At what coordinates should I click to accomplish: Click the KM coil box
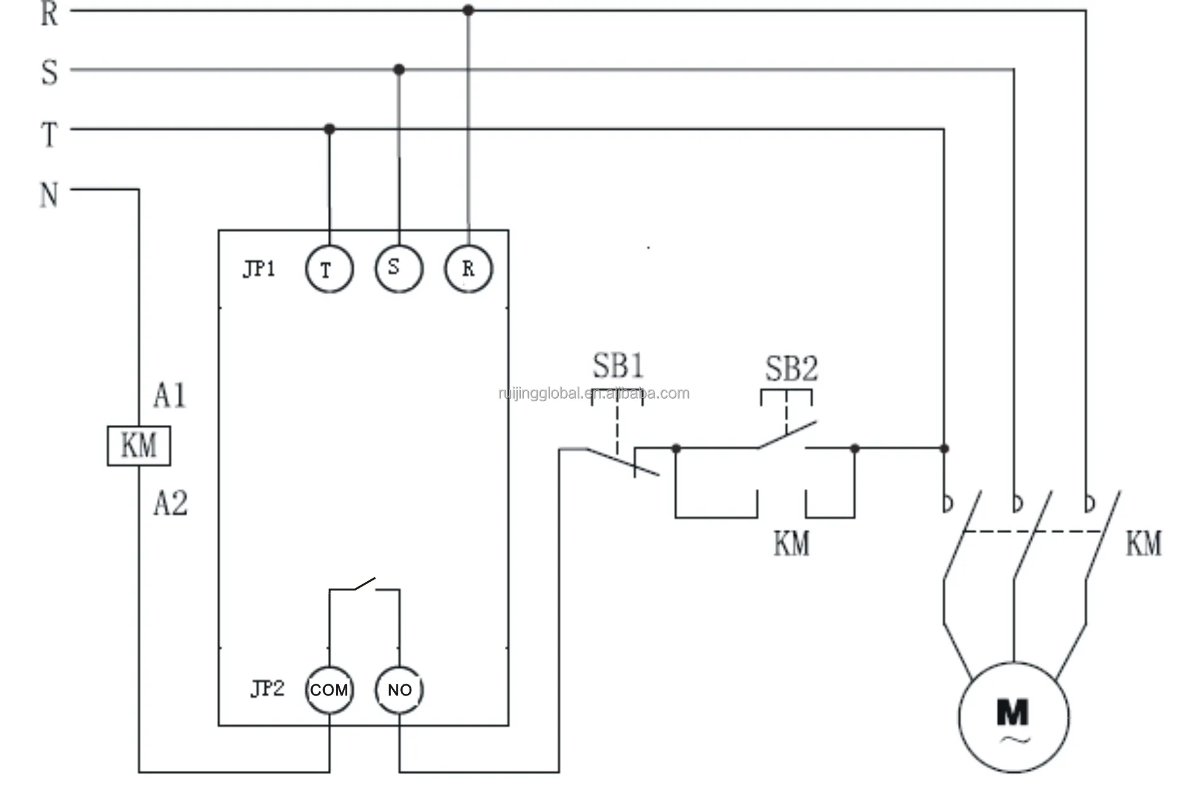(138, 445)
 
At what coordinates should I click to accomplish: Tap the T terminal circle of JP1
(329, 269)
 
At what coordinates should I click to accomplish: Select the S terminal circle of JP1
(398, 268)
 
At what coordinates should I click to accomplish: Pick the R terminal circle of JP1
(468, 269)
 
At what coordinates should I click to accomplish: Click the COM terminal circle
(329, 689)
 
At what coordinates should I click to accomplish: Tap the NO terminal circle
(399, 689)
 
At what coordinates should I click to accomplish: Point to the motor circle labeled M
(1013, 717)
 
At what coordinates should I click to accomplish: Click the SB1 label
(617, 365)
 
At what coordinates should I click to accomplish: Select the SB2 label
(790, 368)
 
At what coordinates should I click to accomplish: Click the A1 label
(169, 395)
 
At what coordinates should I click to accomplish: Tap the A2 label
(170, 503)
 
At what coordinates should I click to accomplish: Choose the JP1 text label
(259, 269)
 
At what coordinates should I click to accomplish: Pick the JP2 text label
(267, 688)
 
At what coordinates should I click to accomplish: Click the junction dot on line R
(468, 10)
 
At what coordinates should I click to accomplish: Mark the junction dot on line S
(399, 69)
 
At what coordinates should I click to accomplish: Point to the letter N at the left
(49, 195)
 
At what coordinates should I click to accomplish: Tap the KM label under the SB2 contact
(791, 543)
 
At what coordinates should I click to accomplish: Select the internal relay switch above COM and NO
(364, 585)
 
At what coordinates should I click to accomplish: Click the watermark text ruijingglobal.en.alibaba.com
(594, 393)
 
